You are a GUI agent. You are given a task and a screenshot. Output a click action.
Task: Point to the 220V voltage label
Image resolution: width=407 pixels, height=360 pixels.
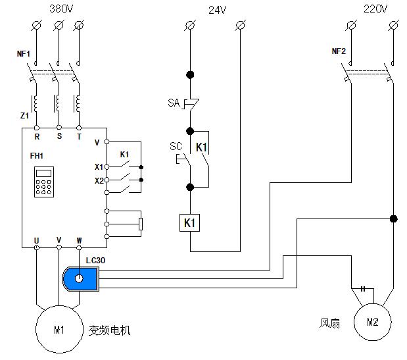pyautogui.click(x=373, y=9)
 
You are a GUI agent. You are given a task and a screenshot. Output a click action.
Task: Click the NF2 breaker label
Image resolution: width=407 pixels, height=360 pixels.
pyautogui.click(x=339, y=51)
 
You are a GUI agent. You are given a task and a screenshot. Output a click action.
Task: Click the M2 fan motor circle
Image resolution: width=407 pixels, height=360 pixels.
pyautogui.click(x=372, y=322)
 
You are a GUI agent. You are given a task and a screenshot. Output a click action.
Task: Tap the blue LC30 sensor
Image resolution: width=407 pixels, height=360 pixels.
pyautogui.click(x=80, y=279)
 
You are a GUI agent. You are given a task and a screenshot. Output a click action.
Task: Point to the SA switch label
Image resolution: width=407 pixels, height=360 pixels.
pyautogui.click(x=174, y=103)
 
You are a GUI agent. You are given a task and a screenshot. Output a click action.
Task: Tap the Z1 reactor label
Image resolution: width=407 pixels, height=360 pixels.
pyautogui.click(x=24, y=115)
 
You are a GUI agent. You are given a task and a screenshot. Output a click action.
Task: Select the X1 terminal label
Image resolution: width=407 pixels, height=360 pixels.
pyautogui.click(x=99, y=167)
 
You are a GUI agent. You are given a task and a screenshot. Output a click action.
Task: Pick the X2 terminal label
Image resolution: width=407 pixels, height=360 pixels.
pyautogui.click(x=99, y=180)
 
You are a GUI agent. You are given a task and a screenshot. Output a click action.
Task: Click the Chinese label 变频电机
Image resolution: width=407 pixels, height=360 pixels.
pyautogui.click(x=110, y=330)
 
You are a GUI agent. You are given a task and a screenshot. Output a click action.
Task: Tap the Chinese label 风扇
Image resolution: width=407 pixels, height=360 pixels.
pyautogui.click(x=330, y=323)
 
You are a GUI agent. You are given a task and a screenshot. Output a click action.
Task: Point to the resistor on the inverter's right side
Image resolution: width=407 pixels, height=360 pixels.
pyautogui.click(x=141, y=224)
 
